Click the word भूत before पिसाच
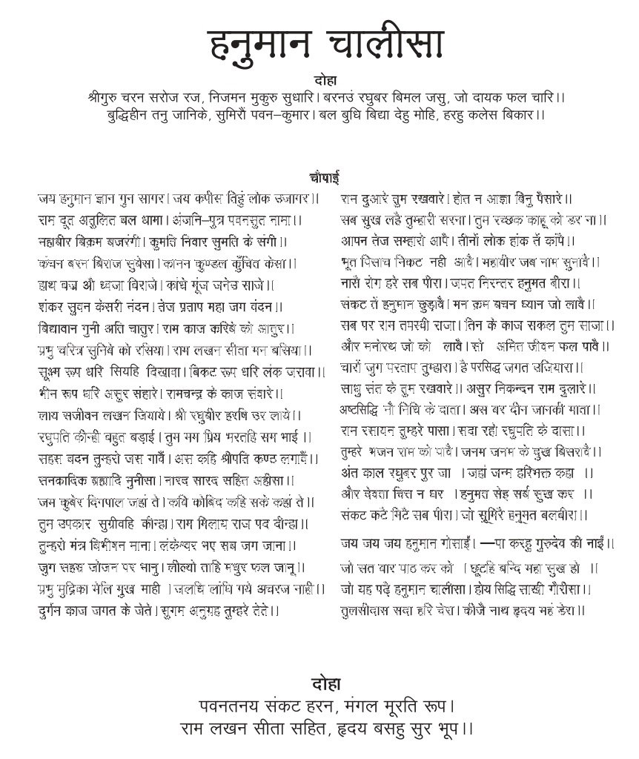351,262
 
